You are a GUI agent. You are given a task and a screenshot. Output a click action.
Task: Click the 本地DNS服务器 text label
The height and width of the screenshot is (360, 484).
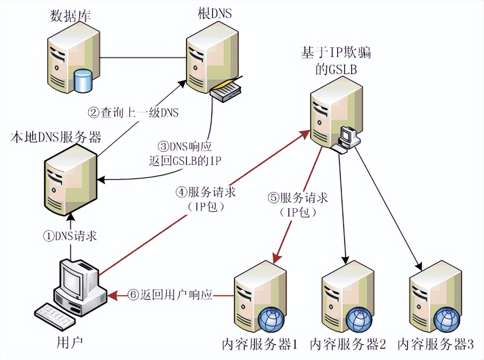click(x=55, y=138)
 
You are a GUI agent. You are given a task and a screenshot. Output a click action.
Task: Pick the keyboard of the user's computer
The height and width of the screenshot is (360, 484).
click(x=55, y=315)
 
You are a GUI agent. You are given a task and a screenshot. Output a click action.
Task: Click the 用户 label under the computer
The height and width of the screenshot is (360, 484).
click(x=70, y=342)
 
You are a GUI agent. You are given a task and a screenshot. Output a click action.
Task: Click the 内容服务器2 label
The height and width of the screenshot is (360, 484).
click(x=348, y=345)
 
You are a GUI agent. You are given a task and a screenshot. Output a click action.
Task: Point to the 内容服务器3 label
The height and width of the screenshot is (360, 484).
click(x=436, y=345)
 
